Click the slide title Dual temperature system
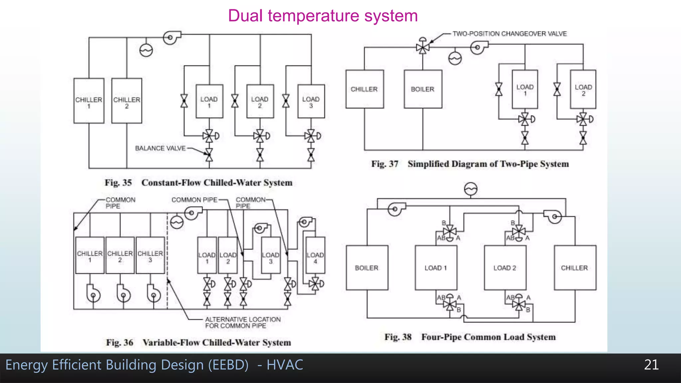pyautogui.click(x=323, y=16)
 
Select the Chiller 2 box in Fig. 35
pyautogui.click(x=127, y=101)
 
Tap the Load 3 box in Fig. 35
pyautogui.click(x=311, y=101)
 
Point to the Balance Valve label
pyautogui.click(x=160, y=148)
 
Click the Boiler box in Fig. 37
pyautogui.click(x=423, y=89)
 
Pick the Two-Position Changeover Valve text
pyautogui.click(x=509, y=34)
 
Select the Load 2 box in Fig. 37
pyautogui.click(x=583, y=89)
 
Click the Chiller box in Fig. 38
pyautogui.click(x=575, y=268)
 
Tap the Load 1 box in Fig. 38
pyautogui.click(x=436, y=268)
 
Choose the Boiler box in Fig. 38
pyautogui.click(x=367, y=268)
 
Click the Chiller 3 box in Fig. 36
pyautogui.click(x=150, y=255)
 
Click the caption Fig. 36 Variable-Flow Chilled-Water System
pyautogui.click(x=199, y=342)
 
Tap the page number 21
pyautogui.click(x=651, y=365)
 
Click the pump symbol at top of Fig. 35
pyautogui.click(x=171, y=37)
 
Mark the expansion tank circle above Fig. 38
pyautogui.click(x=471, y=189)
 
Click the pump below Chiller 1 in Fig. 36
pyautogui.click(x=93, y=294)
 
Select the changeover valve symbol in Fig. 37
pyautogui.click(x=423, y=48)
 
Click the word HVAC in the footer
pyautogui.click(x=285, y=365)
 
